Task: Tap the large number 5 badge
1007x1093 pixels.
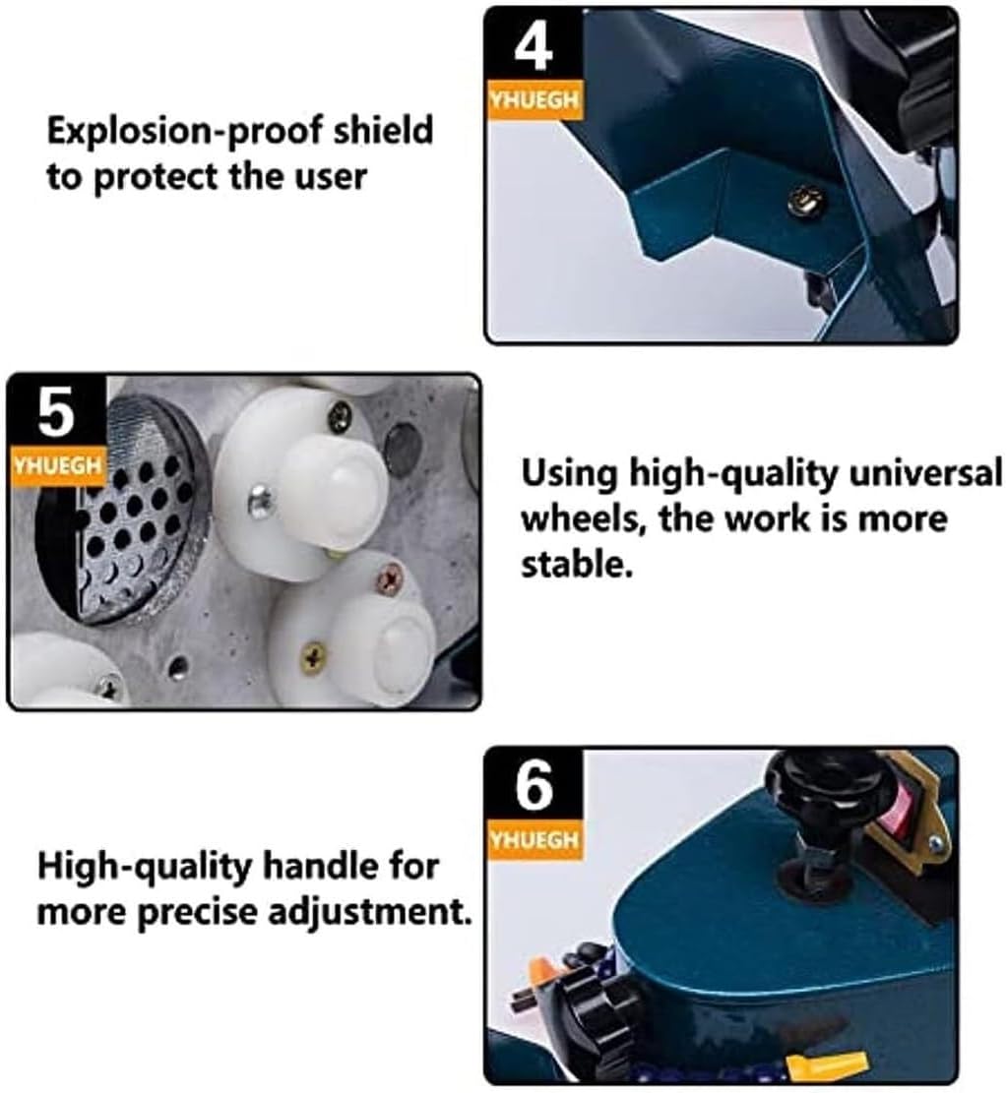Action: click(x=55, y=414)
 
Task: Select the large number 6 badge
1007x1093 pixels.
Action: click(x=534, y=790)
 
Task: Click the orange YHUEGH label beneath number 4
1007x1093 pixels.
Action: click(x=534, y=99)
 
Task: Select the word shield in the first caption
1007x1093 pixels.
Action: click(x=384, y=131)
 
